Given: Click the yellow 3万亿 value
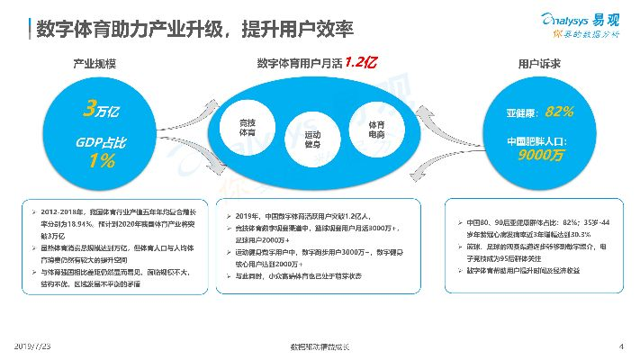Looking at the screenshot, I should pos(95,111).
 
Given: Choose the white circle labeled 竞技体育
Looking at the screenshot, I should pos(248,127).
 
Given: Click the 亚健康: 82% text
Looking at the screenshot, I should pos(539,112).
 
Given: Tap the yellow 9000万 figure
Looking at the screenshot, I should pos(539,156).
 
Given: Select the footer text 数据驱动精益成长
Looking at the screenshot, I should pos(320,346).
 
